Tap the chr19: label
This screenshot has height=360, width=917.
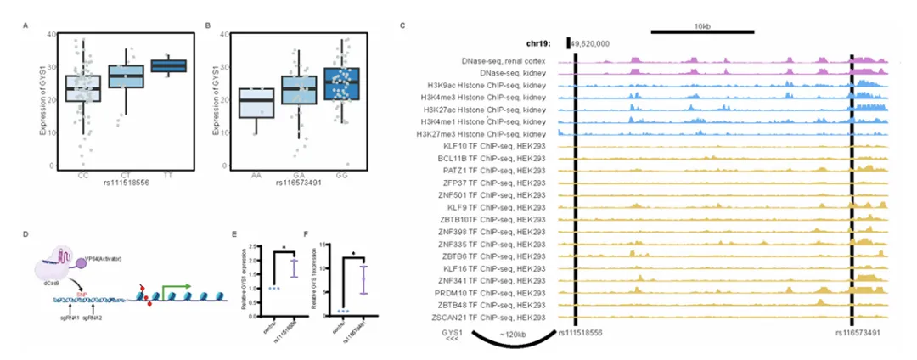[539, 42]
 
